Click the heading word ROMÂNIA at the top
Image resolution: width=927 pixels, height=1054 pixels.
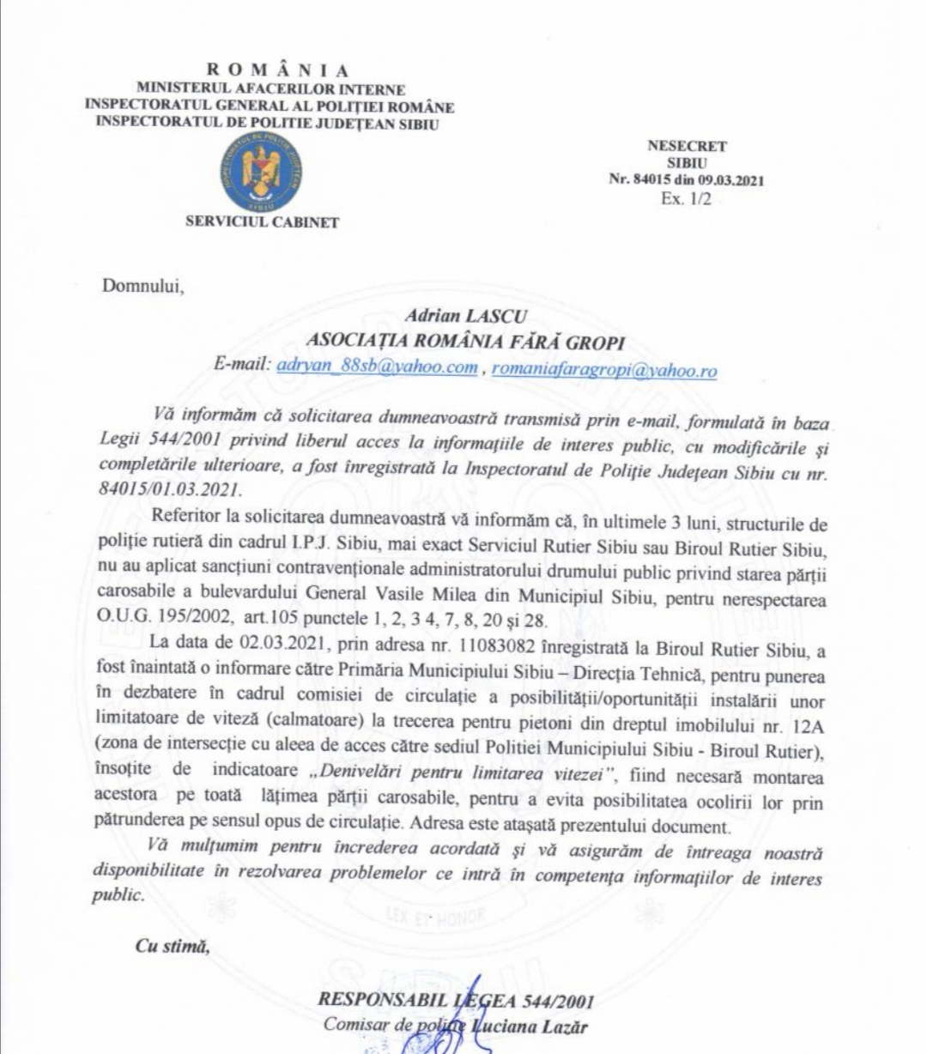tap(278, 71)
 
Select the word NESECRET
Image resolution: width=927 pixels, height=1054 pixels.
tap(687, 146)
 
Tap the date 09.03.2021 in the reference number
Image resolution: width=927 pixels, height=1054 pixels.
tap(730, 180)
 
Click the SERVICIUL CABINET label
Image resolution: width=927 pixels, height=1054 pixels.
tap(262, 222)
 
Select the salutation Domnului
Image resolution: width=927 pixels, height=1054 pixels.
tap(143, 286)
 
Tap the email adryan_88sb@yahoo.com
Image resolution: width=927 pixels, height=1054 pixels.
tap(379, 368)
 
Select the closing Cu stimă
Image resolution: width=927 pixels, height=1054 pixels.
tap(172, 947)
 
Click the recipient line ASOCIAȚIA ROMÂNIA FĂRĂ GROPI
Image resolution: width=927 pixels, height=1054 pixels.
tap(468, 342)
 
